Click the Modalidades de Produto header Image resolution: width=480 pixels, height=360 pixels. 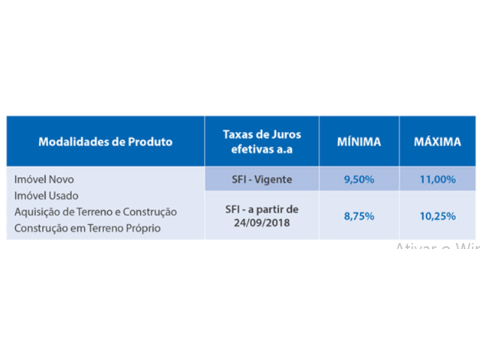click(105, 141)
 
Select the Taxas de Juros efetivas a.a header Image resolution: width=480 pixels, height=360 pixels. click(261, 141)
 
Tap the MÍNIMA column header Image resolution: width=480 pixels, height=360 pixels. click(359, 141)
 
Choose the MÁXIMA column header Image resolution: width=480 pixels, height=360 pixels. click(437, 141)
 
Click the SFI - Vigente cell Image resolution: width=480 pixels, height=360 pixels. click(261, 179)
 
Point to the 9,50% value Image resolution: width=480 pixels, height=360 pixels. click(359, 179)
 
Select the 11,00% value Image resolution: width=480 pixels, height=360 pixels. click(437, 179)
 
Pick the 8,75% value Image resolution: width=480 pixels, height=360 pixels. click(359, 214)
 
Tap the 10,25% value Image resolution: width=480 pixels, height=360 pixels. click(437, 214)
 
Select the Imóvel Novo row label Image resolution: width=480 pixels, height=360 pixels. click(45, 180)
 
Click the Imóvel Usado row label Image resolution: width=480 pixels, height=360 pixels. click(47, 196)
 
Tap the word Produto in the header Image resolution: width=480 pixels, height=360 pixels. click(150, 141)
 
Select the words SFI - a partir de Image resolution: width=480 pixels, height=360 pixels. click(261, 208)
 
